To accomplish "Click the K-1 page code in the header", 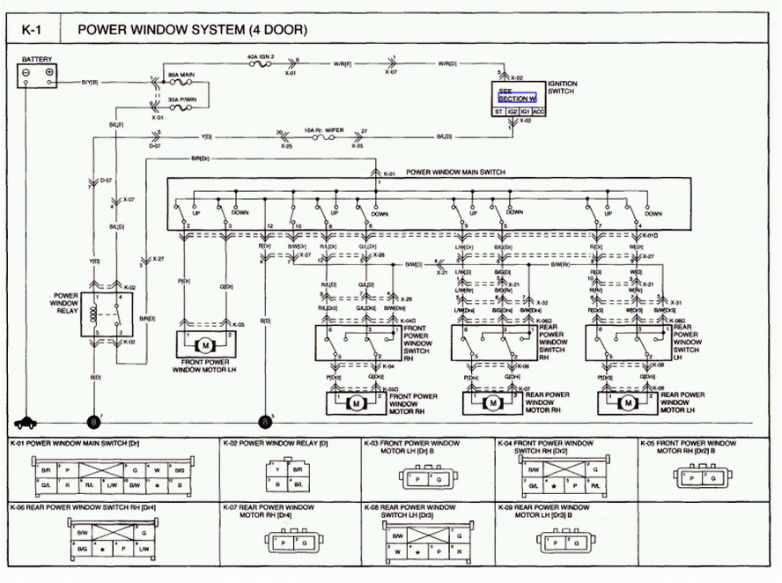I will coord(32,29).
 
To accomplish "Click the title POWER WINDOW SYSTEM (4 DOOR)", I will coord(193,29).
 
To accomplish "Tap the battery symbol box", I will coord(39,74).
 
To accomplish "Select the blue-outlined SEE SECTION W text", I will coord(517,96).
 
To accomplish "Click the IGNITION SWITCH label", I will coord(563,87).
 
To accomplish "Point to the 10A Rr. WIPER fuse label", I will coord(322,129).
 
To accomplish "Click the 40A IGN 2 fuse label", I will coord(262,55).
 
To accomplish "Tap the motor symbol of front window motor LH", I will coord(205,345).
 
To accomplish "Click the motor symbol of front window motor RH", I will coord(358,402).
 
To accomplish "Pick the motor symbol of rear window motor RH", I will coord(492,402).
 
